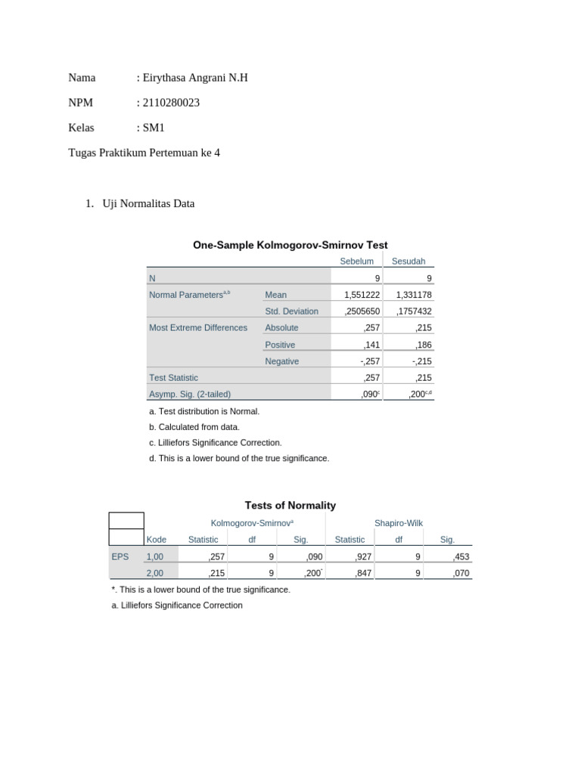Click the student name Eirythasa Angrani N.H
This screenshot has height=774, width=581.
click(195, 77)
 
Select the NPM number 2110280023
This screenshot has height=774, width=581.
click(171, 103)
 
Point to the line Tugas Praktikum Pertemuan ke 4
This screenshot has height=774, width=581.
click(144, 153)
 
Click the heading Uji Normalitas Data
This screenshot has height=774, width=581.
click(148, 203)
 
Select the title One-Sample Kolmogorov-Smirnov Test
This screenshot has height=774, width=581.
click(290, 245)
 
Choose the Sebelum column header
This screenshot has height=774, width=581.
click(357, 262)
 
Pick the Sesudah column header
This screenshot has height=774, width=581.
click(409, 262)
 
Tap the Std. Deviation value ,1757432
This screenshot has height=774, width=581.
click(414, 311)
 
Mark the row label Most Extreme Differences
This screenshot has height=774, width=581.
click(198, 328)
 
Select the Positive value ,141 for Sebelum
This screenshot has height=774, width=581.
click(371, 345)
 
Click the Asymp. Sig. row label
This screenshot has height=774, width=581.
click(190, 394)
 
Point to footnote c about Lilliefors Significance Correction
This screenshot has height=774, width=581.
click(216, 442)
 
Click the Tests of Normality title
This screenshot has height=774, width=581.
click(290, 505)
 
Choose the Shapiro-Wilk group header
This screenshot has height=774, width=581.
click(399, 522)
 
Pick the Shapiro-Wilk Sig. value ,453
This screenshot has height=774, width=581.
click(461, 556)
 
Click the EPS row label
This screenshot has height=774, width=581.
click(120, 556)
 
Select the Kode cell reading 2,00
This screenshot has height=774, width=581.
click(154, 573)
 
